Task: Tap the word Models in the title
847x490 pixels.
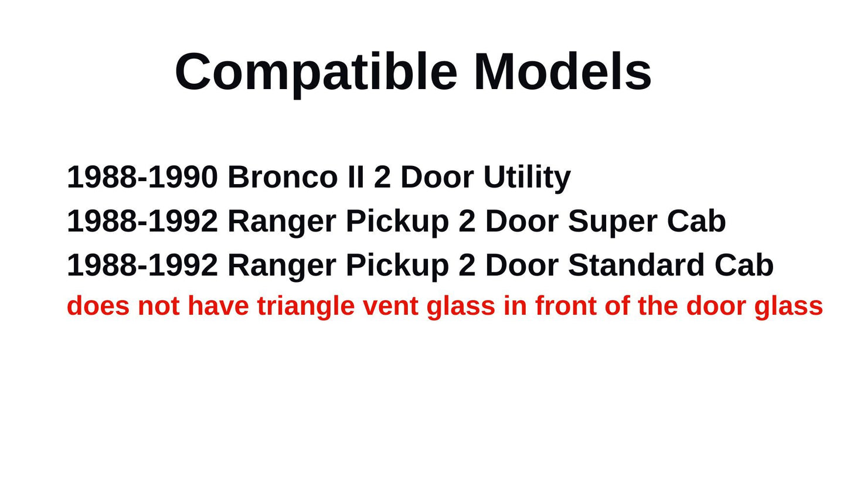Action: click(x=562, y=72)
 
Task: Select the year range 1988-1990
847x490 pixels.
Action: click(x=142, y=177)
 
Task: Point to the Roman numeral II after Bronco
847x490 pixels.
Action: click(x=355, y=177)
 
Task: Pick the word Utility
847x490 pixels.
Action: click(x=526, y=177)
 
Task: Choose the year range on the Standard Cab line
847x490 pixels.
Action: click(x=142, y=266)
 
